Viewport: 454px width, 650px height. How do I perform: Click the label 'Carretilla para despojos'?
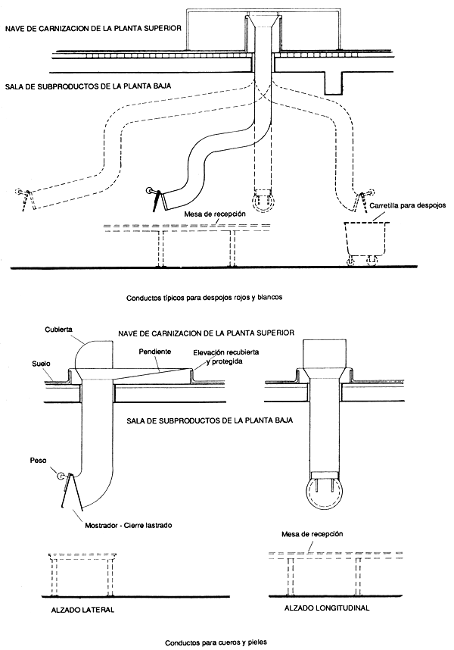(x=408, y=205)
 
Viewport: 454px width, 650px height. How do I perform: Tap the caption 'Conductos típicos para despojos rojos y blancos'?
(x=204, y=297)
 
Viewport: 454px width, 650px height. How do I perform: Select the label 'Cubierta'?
(x=59, y=330)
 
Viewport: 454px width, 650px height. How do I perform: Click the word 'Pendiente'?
(x=155, y=352)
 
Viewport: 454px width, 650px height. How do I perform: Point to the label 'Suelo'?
(x=41, y=364)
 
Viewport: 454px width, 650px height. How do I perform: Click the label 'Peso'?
(x=38, y=461)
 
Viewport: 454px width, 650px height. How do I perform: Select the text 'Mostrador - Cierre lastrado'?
(x=129, y=525)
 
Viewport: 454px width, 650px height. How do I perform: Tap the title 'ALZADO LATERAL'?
(x=82, y=610)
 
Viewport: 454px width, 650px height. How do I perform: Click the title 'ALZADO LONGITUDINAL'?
(x=327, y=608)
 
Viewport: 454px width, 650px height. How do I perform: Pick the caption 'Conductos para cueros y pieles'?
(x=216, y=642)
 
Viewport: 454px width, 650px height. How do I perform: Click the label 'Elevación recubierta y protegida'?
(x=226, y=357)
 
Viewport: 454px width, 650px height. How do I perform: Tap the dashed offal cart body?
(x=367, y=239)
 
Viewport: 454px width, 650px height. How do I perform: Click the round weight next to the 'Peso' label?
(x=61, y=477)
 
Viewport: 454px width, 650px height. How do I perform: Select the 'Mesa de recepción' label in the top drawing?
(x=215, y=214)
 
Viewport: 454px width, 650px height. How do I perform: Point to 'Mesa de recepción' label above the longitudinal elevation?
(x=312, y=534)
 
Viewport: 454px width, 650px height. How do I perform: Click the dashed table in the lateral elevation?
(x=82, y=574)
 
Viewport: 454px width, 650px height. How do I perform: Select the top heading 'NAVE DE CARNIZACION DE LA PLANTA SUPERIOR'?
(x=93, y=29)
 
